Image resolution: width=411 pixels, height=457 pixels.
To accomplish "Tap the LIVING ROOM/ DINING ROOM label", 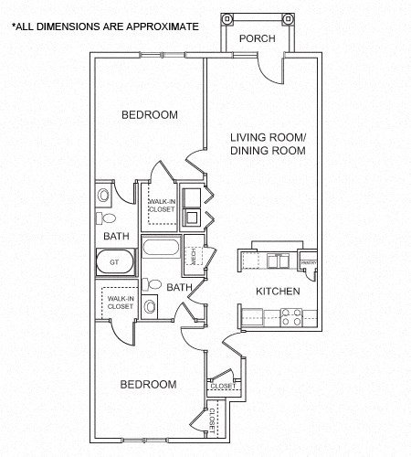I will click(x=268, y=143).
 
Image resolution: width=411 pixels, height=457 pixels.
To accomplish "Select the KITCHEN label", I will click(x=278, y=291).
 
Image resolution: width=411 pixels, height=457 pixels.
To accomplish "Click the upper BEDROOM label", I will click(x=150, y=115).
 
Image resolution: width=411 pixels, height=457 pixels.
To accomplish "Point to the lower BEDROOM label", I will click(x=148, y=385).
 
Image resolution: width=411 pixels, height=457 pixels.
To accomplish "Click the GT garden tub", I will click(x=115, y=262).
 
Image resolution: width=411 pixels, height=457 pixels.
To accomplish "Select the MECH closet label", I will click(x=195, y=255).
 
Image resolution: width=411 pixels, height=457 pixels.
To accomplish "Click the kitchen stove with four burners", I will click(x=291, y=318).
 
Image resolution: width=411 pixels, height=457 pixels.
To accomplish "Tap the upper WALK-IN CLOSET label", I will click(x=162, y=205).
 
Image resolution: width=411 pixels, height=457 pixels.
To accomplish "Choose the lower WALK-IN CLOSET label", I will click(x=120, y=302).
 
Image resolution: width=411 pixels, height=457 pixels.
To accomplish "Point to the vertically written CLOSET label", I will click(x=212, y=420).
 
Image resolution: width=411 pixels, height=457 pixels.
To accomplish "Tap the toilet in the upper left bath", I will click(x=106, y=218).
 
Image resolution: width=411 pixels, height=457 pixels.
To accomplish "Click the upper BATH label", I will click(x=116, y=236).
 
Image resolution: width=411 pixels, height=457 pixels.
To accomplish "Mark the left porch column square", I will click(x=227, y=18).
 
